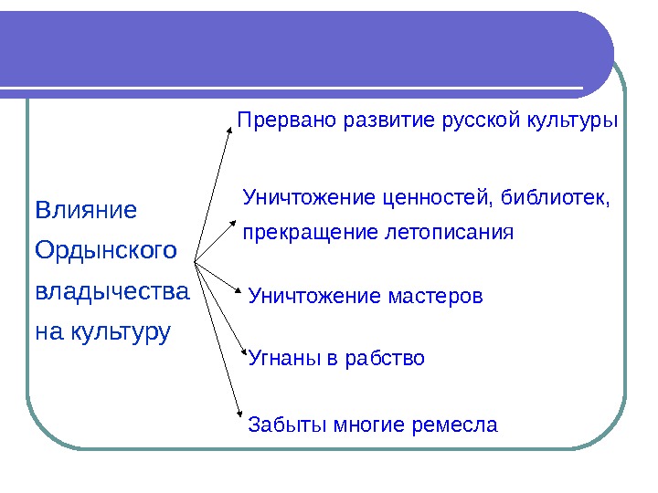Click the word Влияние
coord(85,211)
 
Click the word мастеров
coord(434,297)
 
